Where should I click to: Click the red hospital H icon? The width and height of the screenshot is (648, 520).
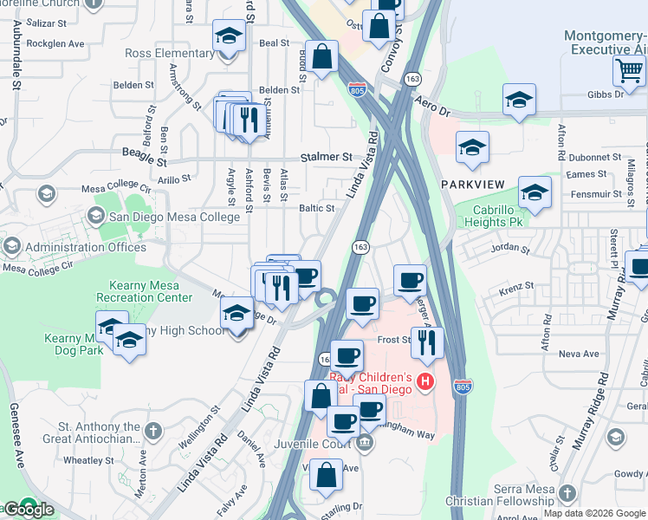424,380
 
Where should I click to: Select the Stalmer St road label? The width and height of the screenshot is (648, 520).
327,158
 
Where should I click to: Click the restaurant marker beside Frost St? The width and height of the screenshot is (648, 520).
427,342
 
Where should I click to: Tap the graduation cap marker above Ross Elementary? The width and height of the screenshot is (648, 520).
229,36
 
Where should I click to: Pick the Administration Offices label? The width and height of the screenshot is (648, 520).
86,247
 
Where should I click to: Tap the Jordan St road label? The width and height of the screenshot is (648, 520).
509,249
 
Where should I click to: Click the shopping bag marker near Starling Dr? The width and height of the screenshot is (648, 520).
326,476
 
